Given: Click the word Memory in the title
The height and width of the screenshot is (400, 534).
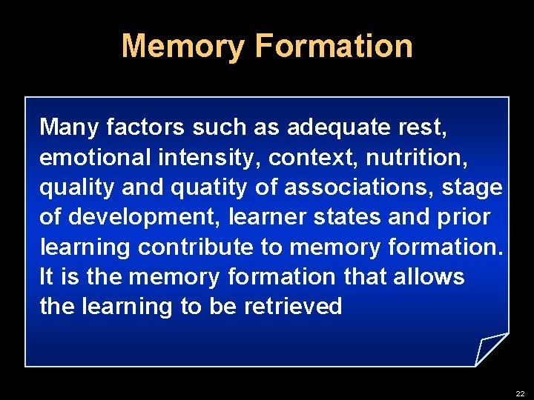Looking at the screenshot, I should [182, 46].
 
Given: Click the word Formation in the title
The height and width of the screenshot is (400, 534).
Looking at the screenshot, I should [333, 46].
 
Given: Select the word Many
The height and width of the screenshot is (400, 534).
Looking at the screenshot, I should [70, 128].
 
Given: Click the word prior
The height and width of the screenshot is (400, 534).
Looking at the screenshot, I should [465, 218].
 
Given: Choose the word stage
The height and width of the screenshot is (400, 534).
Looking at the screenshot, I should [472, 188].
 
